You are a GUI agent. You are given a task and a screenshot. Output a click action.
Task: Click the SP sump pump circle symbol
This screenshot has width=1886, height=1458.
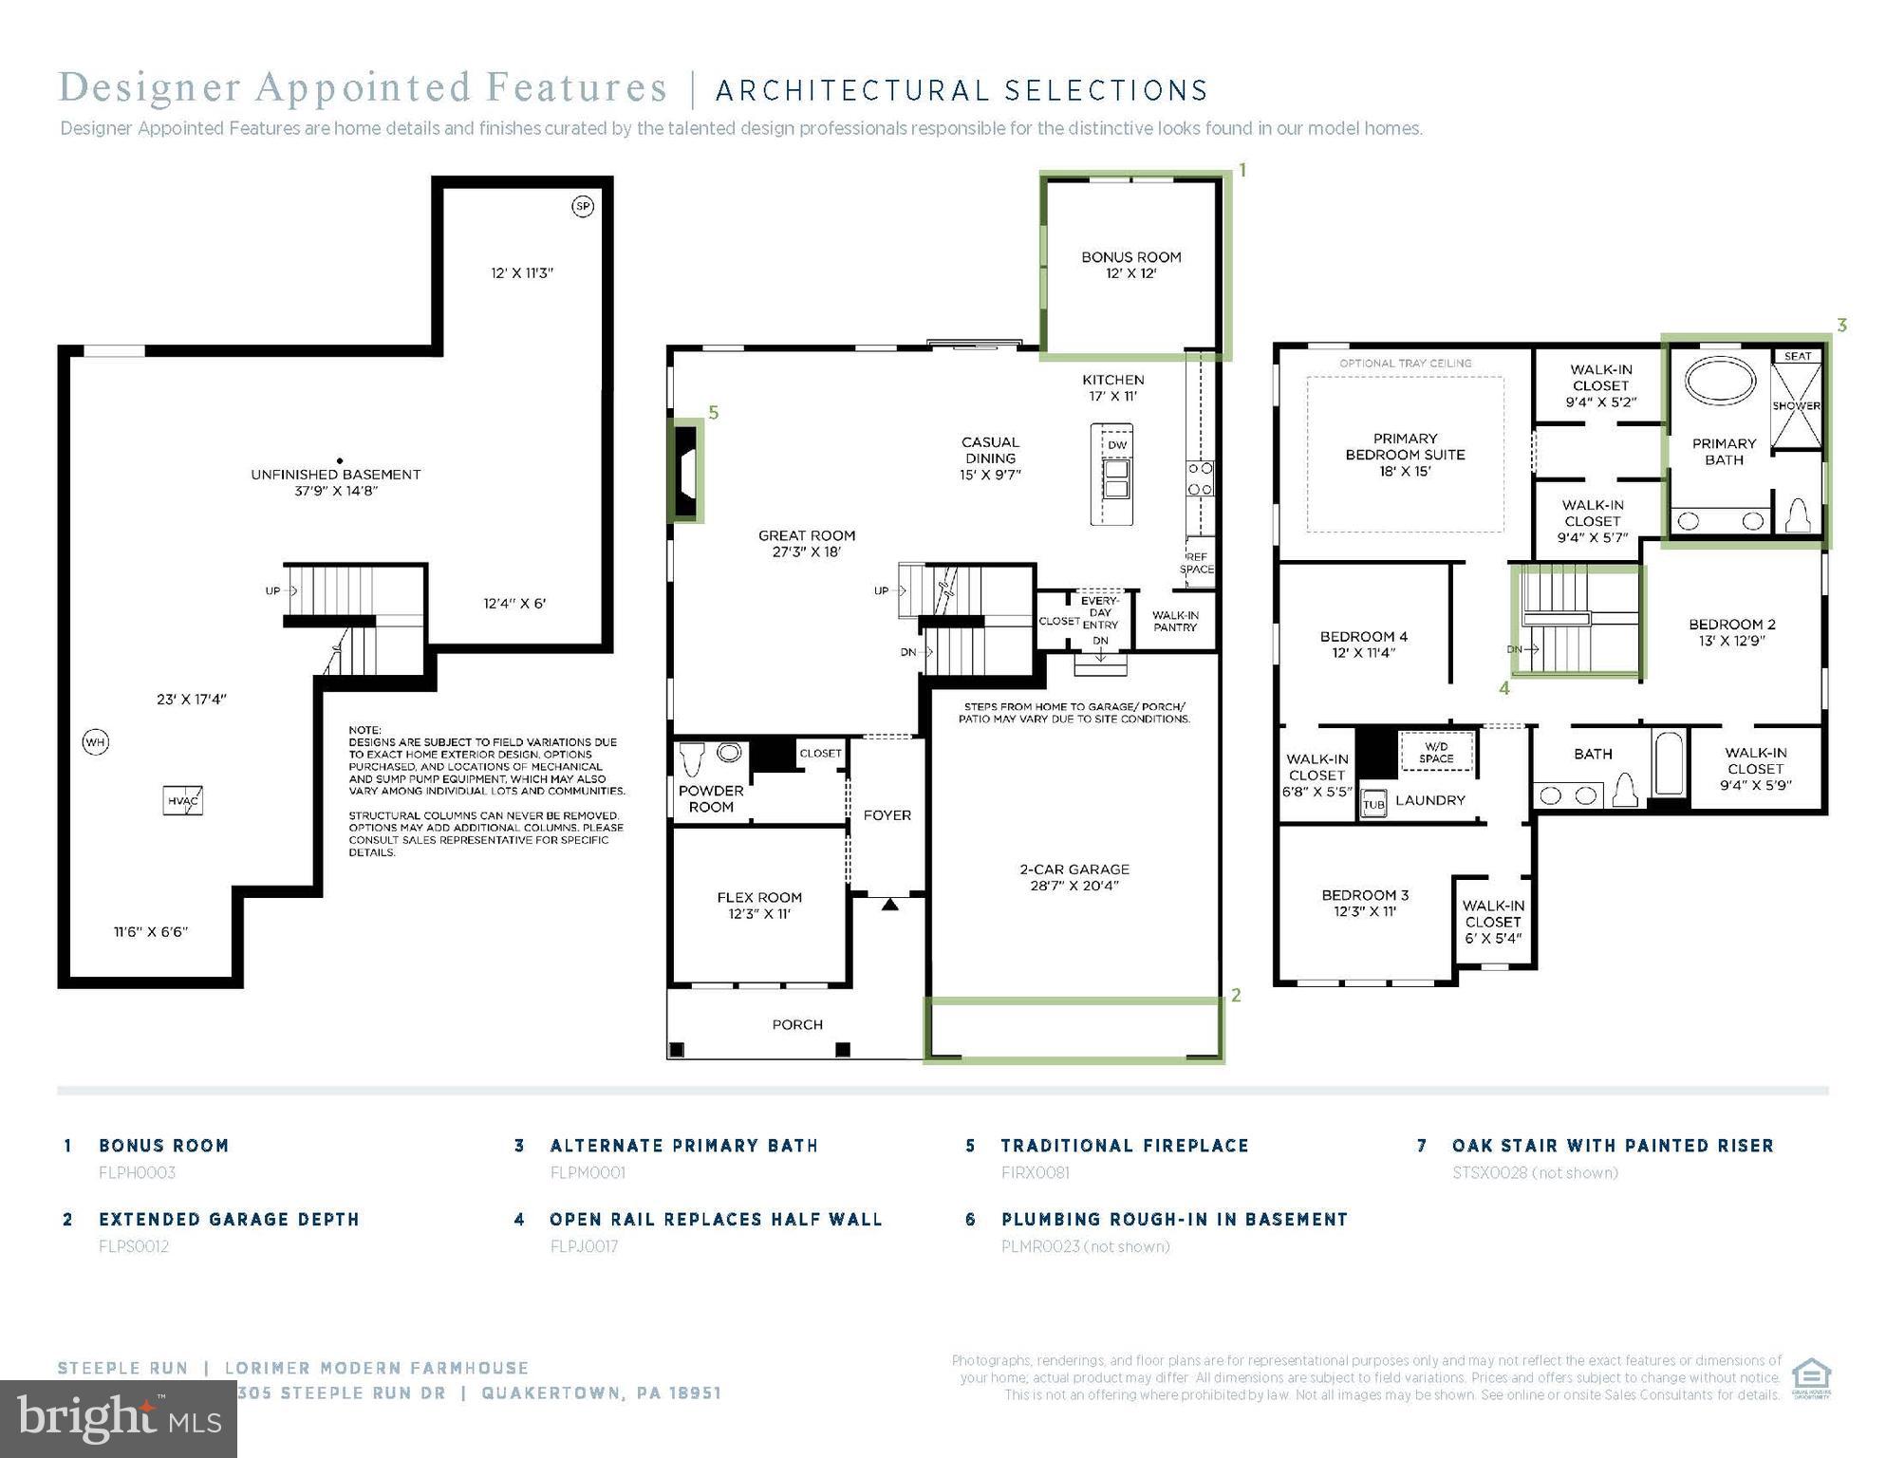tap(583, 206)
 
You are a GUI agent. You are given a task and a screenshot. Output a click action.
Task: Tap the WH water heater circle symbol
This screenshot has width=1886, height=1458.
tap(96, 742)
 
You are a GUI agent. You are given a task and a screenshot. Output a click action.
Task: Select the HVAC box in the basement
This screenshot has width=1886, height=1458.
tap(183, 800)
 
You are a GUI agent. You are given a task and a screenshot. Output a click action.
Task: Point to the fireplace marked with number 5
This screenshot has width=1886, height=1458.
tap(686, 470)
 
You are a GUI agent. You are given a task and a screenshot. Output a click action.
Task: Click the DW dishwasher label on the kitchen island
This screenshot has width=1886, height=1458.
tap(1117, 445)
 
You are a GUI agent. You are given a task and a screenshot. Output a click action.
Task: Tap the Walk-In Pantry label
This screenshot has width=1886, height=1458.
tap(1175, 621)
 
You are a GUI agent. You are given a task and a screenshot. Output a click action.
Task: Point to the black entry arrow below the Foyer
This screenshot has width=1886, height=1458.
tap(889, 905)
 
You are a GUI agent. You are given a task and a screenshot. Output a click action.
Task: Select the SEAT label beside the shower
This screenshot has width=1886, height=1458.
tap(1797, 356)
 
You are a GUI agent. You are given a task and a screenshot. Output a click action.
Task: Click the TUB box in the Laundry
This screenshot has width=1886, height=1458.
tap(1374, 803)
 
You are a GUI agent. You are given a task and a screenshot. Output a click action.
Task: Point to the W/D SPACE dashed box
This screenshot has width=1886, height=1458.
tap(1437, 752)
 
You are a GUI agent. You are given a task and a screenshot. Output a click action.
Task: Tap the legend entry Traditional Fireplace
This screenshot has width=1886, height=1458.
tap(1125, 1146)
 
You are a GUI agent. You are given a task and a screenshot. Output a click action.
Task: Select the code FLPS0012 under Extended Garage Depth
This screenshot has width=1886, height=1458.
tap(134, 1246)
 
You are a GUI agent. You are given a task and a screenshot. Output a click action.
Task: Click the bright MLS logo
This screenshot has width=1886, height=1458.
tap(119, 1418)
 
